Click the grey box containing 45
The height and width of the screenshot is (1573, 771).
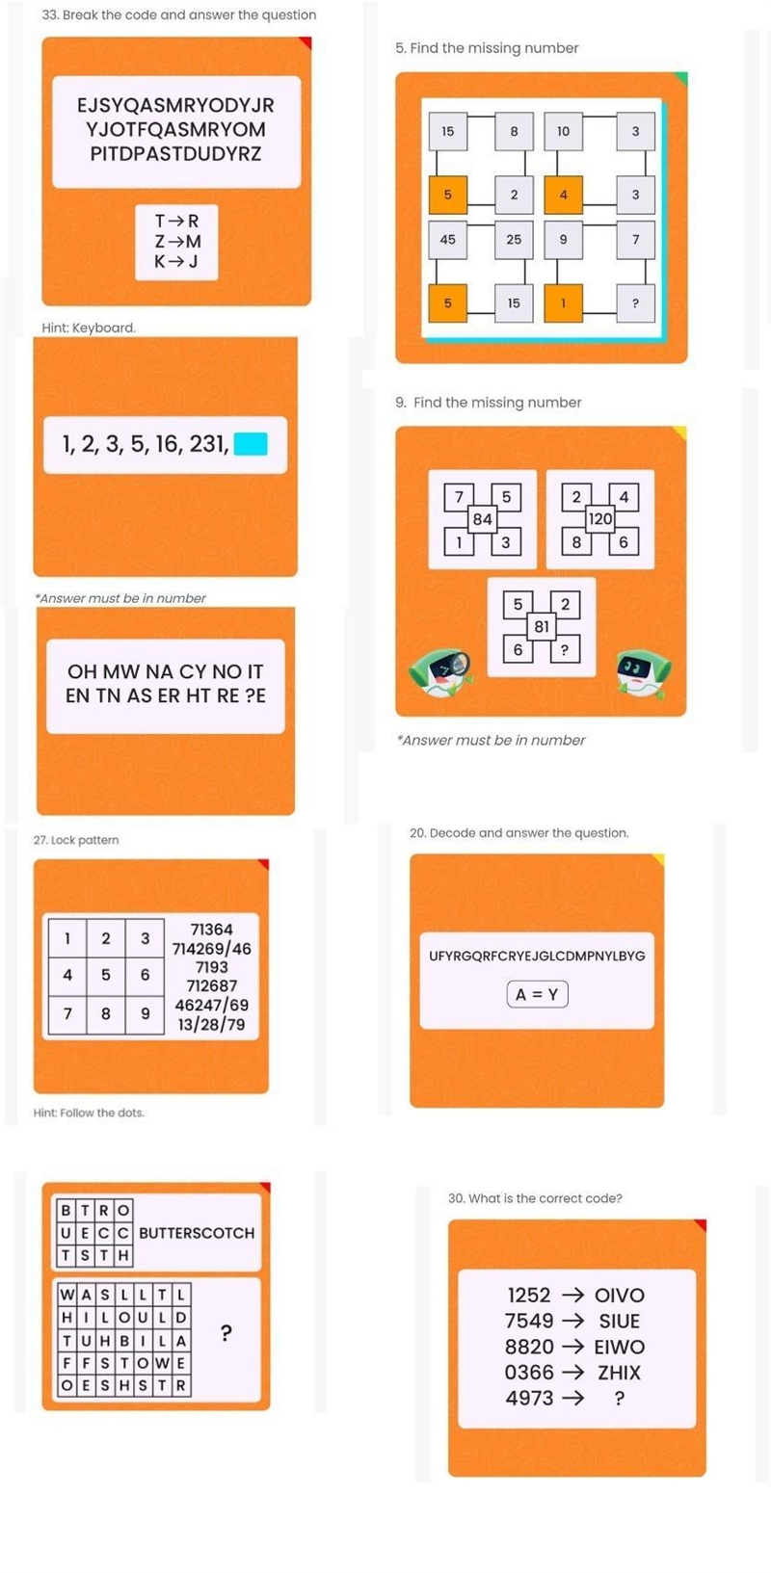(448, 240)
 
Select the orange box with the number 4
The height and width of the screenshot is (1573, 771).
(563, 195)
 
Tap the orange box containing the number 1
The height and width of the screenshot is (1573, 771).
(563, 303)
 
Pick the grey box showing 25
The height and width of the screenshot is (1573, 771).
(514, 240)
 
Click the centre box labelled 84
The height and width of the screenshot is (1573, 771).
(482, 519)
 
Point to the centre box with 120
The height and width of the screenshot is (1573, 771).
(600, 519)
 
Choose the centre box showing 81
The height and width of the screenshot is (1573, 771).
(542, 626)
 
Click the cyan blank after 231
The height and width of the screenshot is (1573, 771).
(251, 444)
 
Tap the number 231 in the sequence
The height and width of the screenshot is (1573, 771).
(208, 444)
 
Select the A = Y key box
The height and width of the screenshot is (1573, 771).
(537, 994)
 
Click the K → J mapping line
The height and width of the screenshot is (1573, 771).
(176, 262)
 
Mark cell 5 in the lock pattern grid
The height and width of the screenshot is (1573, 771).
(105, 975)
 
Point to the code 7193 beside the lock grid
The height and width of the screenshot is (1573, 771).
(212, 967)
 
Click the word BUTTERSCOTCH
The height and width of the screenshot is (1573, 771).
(197, 1233)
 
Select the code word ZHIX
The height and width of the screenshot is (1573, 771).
(619, 1373)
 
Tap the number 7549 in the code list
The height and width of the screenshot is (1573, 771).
(529, 1321)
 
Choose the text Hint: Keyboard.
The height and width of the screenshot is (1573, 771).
(89, 328)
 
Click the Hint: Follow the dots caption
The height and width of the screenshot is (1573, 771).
(89, 1113)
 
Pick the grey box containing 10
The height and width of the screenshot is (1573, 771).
(563, 131)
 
